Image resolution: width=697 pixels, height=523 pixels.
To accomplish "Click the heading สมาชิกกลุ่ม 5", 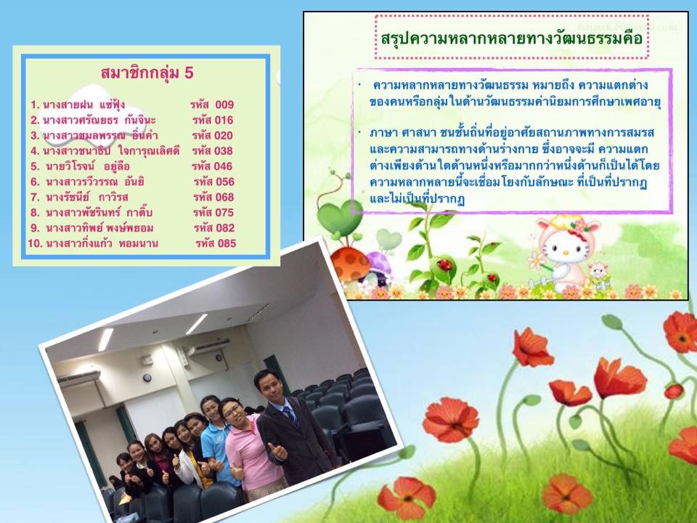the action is coord(147,73).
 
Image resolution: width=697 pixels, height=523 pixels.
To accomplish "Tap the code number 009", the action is coord(224,105).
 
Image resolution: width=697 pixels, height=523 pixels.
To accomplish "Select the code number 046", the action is coord(223,166).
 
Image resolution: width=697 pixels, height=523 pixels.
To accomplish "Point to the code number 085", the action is coord(227,243).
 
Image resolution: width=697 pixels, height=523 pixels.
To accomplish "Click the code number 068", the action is coord(224,197).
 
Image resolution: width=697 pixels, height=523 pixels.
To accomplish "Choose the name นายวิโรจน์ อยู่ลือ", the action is coord(88,166).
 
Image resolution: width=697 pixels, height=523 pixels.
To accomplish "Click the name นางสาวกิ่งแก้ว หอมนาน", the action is coord(102,243).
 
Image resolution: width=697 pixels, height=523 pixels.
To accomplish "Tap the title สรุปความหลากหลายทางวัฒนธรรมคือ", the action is coord(512,38).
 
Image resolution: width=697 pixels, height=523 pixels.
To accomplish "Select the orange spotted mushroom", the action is coord(350,263).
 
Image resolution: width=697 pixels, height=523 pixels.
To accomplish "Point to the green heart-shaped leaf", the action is coord(340,217).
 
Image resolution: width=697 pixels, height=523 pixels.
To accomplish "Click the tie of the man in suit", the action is coord(290,415).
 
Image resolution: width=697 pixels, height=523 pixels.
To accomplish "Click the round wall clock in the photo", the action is coord(147,378).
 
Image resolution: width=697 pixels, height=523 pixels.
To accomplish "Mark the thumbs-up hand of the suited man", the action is coord(278,450).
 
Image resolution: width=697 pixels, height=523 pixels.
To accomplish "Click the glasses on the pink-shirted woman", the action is coord(232,410).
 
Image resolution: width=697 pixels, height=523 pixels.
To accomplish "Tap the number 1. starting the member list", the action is coord(35,105).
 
